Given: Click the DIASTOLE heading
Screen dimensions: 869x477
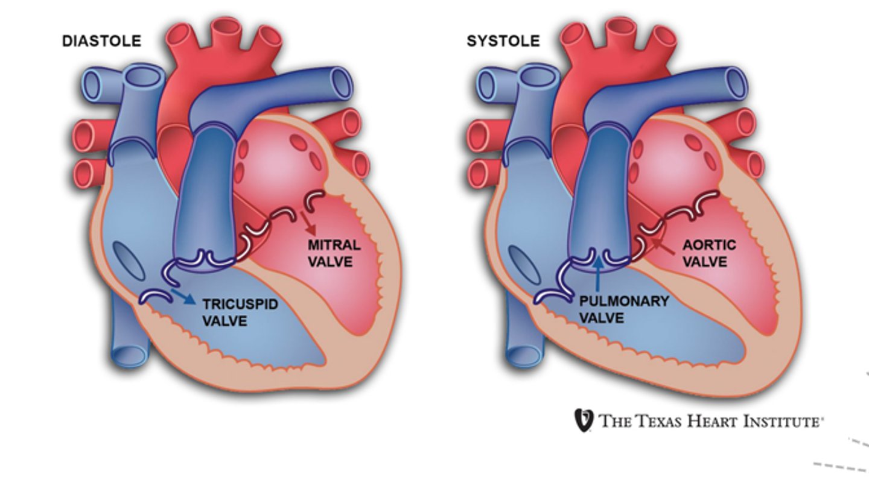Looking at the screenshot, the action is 101,41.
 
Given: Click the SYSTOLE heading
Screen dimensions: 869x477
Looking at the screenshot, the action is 503,41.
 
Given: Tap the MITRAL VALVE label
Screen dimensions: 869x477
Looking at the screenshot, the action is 334,253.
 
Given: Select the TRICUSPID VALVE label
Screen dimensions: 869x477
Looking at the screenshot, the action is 240,312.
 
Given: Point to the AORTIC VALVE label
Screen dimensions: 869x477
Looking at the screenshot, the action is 709,253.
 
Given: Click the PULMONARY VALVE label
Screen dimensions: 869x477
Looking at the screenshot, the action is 624,309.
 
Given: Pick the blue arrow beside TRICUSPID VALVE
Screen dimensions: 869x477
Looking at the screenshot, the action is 183,297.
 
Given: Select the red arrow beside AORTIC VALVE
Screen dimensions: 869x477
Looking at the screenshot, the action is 663,247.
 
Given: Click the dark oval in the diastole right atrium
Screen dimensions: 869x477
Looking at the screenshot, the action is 129,261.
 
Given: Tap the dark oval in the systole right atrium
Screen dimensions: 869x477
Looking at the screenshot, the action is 524,265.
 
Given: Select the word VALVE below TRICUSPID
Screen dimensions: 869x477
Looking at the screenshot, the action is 225,321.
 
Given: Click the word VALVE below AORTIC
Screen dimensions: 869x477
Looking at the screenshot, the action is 705,262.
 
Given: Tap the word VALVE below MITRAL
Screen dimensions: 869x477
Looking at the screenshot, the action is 330,262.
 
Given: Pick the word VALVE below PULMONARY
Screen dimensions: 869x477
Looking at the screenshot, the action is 602,318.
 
